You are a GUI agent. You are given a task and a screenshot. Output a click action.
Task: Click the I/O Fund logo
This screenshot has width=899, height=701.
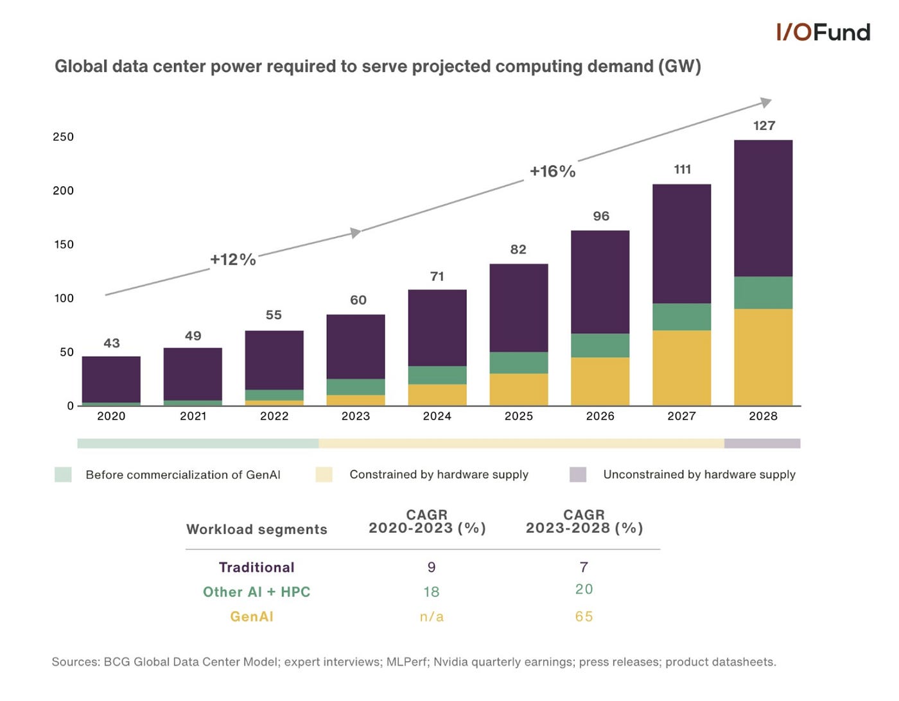823,32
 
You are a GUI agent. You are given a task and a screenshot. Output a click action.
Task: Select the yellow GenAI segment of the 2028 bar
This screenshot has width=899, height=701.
763,357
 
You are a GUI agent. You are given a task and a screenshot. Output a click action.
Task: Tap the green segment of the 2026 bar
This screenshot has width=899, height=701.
600,345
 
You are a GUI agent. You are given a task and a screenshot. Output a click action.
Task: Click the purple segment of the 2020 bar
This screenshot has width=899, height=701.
111,379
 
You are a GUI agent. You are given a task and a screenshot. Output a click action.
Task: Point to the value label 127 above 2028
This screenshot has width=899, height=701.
764,126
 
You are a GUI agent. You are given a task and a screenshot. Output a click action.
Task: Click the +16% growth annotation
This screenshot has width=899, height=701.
552,171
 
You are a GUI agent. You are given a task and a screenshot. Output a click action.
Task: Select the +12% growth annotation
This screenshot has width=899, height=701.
233,259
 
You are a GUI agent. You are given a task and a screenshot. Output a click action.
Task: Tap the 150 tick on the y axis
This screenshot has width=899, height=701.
64,245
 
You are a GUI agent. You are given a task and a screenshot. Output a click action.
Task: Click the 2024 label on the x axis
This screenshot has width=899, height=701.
437,416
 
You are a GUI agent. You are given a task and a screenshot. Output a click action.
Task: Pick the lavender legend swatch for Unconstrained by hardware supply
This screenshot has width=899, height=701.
578,474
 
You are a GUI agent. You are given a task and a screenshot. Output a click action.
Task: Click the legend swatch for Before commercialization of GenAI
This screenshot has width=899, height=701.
63,474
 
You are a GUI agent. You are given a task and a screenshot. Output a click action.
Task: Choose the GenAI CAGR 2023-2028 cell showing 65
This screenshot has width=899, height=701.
584,617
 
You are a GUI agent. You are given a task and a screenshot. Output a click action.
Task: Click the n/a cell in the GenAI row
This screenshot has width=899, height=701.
432,617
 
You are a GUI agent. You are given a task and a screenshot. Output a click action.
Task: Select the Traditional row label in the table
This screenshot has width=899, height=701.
256,567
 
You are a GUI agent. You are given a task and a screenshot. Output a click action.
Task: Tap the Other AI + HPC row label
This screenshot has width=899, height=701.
256,592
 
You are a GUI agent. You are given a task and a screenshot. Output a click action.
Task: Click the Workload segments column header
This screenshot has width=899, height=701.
256,530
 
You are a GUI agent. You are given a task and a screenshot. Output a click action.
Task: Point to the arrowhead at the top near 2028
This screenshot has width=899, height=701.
765,102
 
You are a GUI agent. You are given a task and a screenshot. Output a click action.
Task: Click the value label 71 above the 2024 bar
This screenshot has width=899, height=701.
437,277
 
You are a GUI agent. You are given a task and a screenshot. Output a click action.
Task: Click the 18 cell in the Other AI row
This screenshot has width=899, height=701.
432,592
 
